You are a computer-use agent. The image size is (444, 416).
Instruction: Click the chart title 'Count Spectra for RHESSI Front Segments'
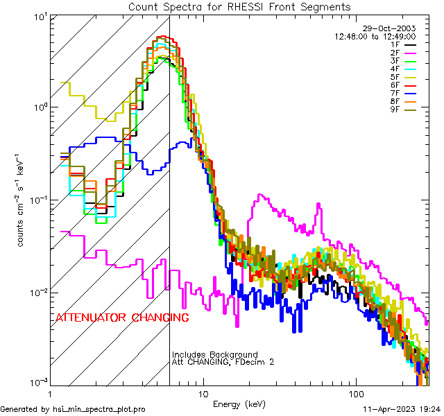tap(239, 7)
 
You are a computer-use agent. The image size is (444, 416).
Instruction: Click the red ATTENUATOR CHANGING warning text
tap(122, 318)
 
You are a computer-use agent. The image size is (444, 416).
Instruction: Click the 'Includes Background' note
tap(215, 355)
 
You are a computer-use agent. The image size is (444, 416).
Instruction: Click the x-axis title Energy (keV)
tap(239, 404)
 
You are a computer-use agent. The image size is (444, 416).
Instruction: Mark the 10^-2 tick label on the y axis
tap(35, 292)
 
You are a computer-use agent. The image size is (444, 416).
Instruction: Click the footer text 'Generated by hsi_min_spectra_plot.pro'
tap(73, 410)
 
